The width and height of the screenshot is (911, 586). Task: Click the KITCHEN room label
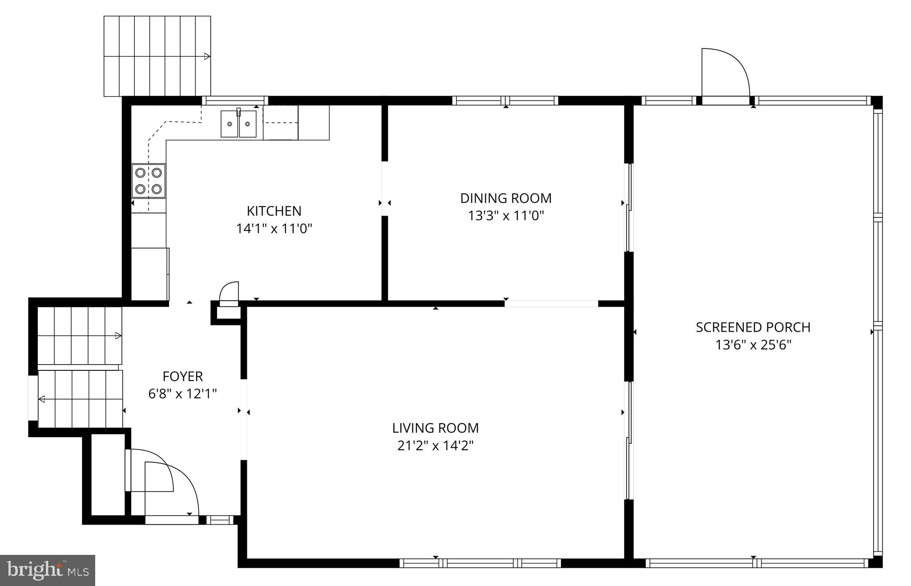(x=274, y=211)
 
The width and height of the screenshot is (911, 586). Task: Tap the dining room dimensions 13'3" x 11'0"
(x=506, y=216)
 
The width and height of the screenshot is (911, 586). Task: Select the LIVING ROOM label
(x=435, y=428)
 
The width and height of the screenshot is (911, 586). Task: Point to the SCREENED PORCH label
(x=753, y=327)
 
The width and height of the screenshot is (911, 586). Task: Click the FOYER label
(x=182, y=377)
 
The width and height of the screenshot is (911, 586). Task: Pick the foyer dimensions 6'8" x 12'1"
(x=182, y=394)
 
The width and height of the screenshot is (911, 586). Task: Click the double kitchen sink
(x=239, y=124)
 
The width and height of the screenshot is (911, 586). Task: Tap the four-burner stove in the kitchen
(x=149, y=181)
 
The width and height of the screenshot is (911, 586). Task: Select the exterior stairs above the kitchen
(x=157, y=56)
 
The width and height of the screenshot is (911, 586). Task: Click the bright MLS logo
(x=48, y=570)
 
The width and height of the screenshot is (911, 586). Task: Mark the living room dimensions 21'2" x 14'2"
(x=435, y=446)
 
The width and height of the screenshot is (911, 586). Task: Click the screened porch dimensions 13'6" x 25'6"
(x=753, y=345)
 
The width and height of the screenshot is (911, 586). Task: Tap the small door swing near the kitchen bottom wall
(x=230, y=293)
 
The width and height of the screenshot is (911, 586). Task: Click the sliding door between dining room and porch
(x=629, y=208)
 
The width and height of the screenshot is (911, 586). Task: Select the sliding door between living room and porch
(x=629, y=440)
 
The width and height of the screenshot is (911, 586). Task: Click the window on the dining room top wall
(x=505, y=100)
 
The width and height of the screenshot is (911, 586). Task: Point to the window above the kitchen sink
(x=235, y=100)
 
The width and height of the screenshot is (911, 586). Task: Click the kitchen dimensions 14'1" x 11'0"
(x=274, y=229)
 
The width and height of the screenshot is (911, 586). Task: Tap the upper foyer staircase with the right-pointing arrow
(x=79, y=336)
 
